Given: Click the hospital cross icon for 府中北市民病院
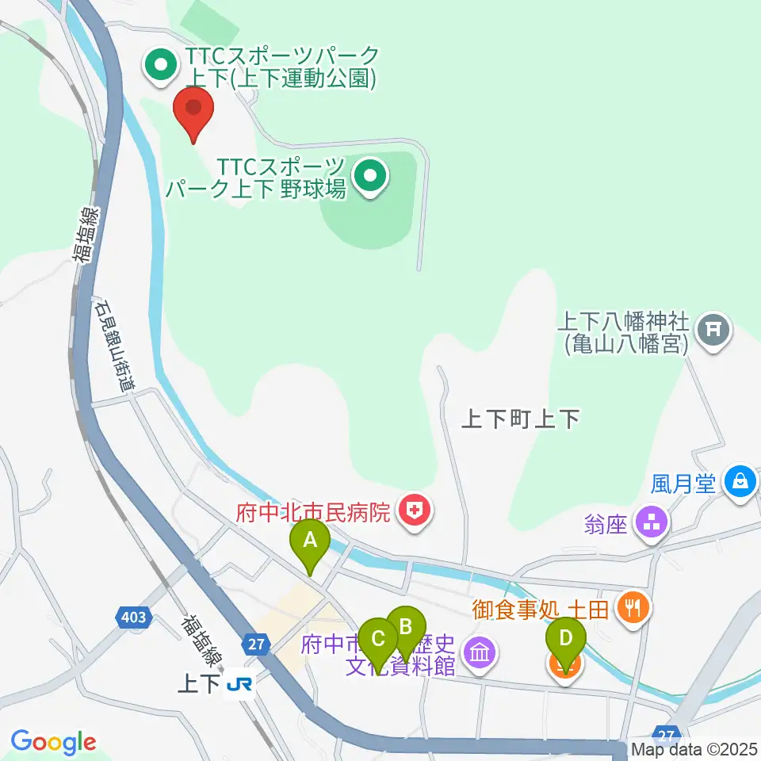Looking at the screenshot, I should click(x=415, y=511).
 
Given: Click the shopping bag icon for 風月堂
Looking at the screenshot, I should click(x=740, y=482).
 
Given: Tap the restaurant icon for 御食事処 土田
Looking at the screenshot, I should click(x=633, y=608).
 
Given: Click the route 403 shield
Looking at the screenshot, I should click(x=132, y=616).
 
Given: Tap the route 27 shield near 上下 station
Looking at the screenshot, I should click(x=255, y=644).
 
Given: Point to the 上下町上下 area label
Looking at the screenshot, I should click(x=522, y=418).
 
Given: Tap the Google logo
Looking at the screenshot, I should click(x=53, y=741).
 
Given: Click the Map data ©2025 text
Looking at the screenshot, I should click(x=694, y=749).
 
